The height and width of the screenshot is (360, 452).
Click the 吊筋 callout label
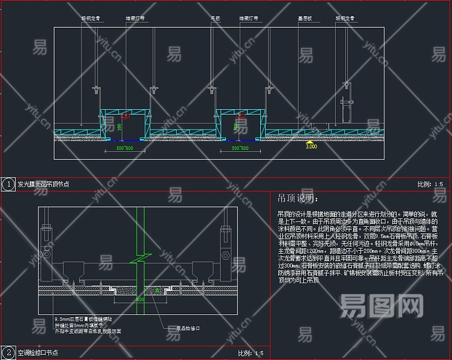(215, 19)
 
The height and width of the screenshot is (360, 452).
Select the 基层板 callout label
(305, 19)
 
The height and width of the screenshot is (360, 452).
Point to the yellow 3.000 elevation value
(311, 146)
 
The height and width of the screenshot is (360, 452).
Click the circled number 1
(8, 184)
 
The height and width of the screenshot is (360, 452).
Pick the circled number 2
(8, 353)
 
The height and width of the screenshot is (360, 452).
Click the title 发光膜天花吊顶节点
(43, 185)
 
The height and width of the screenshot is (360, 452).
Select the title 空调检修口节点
(39, 353)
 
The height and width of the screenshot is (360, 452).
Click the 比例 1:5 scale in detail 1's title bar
(430, 185)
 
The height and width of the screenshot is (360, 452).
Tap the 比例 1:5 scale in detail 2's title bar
(251, 353)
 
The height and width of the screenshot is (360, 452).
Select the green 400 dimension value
(140, 298)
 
